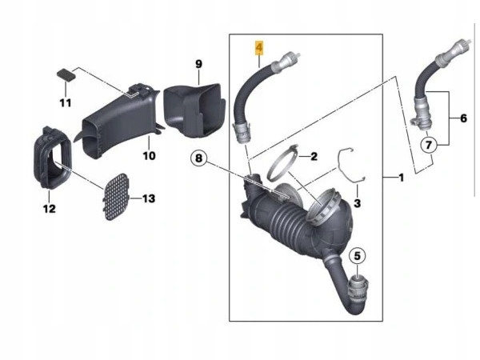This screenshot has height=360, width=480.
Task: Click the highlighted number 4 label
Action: pos(259,48)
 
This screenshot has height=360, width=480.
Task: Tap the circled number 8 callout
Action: pos(198,158)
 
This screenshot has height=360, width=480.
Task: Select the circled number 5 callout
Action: pos(358,256)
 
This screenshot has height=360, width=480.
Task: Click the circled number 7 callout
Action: pos(429,145)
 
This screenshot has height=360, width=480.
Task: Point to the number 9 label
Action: pos(198,64)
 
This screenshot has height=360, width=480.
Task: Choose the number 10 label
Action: pos(149,156)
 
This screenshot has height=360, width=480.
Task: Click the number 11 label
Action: pos(66,103)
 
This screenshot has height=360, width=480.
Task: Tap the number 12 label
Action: pos(50,209)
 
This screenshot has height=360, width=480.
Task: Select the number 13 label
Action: pos(149,198)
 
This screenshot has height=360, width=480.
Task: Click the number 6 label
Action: pos(463,118)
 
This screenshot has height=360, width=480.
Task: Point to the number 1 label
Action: pos(401,178)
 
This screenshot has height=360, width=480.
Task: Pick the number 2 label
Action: pos(314,157)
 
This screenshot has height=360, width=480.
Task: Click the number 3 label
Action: pos(357,203)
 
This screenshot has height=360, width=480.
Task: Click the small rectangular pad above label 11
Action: pos(66,74)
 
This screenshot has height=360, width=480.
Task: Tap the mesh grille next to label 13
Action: pos(116,197)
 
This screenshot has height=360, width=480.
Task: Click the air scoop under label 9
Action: pos(194,110)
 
